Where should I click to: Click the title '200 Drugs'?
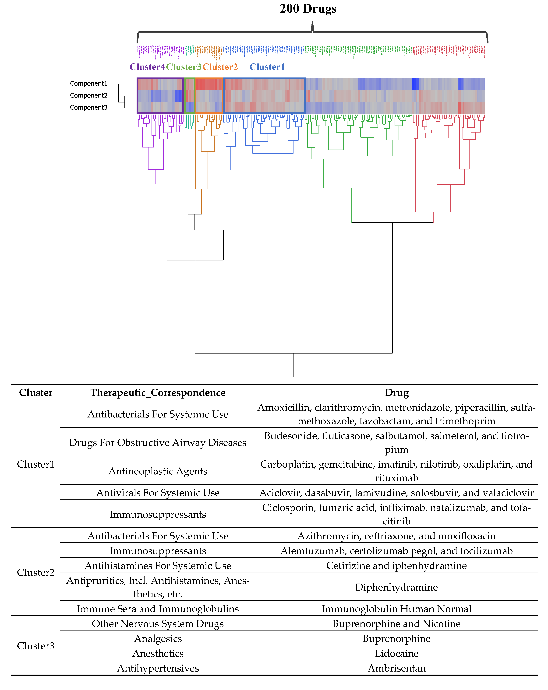(x=308, y=9)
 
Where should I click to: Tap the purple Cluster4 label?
(x=147, y=67)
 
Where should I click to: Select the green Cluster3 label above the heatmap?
(x=184, y=67)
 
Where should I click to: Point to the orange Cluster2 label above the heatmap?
(x=220, y=67)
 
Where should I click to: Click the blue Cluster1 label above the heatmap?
(x=267, y=67)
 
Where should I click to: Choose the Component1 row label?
(x=89, y=84)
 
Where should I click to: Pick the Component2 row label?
(x=89, y=95)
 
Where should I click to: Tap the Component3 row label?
(x=89, y=108)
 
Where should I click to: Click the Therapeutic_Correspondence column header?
(x=158, y=393)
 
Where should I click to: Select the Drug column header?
(x=397, y=393)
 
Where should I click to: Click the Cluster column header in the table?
(x=35, y=393)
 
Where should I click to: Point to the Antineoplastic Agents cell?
(x=158, y=471)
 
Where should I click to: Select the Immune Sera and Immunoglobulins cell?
(x=158, y=609)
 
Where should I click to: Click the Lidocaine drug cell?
(x=397, y=653)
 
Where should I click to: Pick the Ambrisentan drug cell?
(x=397, y=668)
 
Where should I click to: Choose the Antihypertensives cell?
(x=158, y=668)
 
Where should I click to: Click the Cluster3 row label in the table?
(x=35, y=646)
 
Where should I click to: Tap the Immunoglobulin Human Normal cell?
(x=397, y=609)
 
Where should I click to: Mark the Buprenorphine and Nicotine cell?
(x=397, y=624)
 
